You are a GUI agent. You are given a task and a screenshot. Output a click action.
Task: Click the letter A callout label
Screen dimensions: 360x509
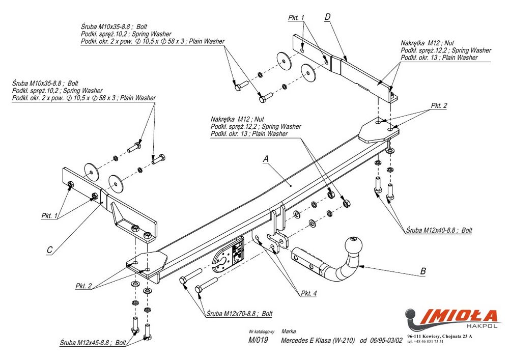(x=265, y=159)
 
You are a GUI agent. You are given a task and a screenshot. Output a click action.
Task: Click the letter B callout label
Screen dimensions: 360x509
(x=423, y=271)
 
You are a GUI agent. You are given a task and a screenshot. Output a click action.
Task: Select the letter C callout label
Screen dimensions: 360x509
(x=49, y=250)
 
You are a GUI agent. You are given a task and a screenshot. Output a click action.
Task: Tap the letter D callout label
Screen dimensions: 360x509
(x=327, y=17)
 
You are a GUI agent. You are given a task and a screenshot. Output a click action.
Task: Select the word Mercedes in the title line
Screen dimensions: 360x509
(x=294, y=340)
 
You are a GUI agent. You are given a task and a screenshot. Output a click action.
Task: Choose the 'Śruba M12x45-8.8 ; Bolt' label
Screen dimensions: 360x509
(x=93, y=342)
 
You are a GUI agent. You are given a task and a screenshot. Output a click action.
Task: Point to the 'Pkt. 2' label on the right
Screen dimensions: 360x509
(x=439, y=105)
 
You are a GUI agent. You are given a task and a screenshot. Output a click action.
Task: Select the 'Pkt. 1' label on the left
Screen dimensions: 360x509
(x=49, y=216)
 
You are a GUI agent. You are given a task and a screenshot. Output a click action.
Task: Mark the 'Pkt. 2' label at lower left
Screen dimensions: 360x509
(x=84, y=286)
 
